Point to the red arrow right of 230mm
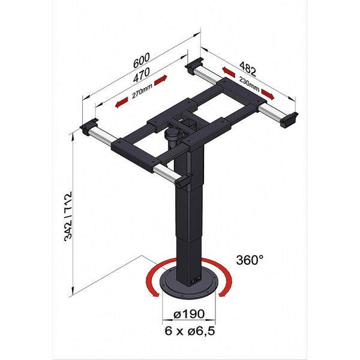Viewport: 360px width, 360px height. click(x=267, y=95)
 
